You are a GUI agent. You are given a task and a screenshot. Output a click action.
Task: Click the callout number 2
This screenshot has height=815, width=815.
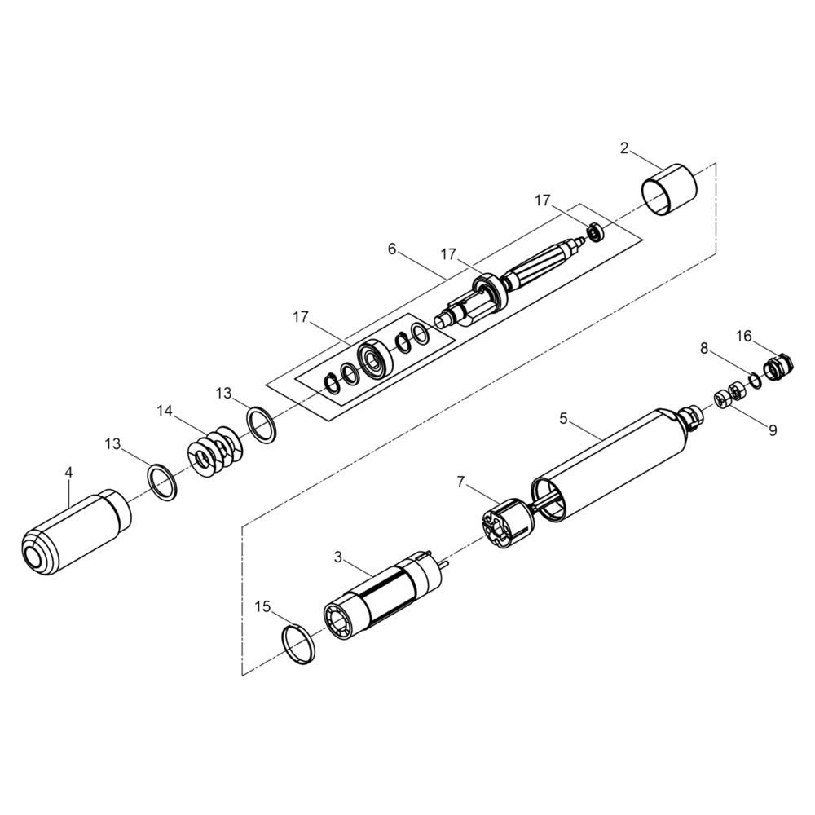point(624,148)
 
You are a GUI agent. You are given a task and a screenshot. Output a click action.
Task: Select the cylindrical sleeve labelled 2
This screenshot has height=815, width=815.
point(670,190)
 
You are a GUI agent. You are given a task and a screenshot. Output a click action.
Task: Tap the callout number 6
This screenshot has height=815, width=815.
point(392,249)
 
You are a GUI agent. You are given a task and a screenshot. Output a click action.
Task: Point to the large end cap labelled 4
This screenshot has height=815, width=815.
point(77,531)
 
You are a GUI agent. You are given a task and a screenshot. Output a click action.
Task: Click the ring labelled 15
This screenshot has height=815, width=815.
point(299,645)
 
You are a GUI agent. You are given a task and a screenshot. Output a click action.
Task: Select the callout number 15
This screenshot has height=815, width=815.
point(263,606)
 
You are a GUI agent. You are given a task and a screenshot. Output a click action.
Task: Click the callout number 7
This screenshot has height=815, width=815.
point(460,482)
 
